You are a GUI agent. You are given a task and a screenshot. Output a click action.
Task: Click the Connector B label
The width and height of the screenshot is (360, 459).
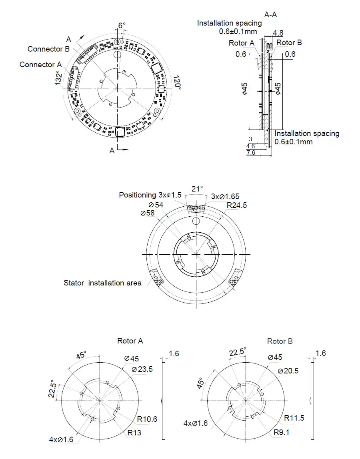tap(48, 49)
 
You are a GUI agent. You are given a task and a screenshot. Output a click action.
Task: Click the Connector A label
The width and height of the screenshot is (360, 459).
tap(40, 64)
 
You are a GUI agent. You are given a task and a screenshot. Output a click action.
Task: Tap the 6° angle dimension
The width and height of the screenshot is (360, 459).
tap(122, 26)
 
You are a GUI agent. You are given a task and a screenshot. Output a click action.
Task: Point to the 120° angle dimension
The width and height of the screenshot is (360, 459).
tap(177, 84)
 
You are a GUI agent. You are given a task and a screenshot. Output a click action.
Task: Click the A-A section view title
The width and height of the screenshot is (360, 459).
tap(271, 14)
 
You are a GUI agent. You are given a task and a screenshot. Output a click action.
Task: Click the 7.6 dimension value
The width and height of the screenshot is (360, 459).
tap(251, 153)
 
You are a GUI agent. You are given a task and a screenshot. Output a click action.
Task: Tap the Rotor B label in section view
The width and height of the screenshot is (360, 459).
tap(289, 43)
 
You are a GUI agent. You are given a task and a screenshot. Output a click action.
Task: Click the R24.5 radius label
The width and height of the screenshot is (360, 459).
tap(237, 206)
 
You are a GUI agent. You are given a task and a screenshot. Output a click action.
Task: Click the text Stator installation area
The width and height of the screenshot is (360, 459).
tap(102, 283)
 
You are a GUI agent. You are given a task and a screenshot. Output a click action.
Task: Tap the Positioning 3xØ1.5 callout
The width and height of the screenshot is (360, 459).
tap(150, 195)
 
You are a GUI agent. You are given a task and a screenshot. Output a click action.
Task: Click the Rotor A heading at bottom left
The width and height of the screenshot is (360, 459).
tap(130, 341)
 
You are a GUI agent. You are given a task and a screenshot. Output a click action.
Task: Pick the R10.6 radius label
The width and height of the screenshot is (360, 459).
tap(147, 419)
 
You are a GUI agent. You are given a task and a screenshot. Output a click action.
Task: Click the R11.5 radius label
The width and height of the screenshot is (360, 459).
tap(294, 418)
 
